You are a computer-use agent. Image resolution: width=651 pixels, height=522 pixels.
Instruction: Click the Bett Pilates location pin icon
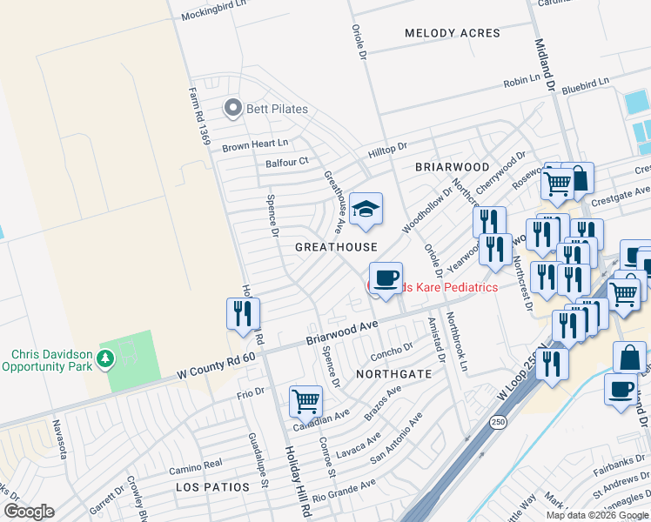(x=232, y=109)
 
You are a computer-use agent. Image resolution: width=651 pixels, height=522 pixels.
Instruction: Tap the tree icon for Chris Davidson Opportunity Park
(x=105, y=358)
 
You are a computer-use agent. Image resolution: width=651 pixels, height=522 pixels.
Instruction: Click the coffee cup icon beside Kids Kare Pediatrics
(x=386, y=278)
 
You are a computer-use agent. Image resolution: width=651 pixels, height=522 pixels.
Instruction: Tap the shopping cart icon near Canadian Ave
(x=305, y=401)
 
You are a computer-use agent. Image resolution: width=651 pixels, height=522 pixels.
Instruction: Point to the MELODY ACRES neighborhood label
(x=453, y=33)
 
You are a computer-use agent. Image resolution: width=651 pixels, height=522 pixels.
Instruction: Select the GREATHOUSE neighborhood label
(x=336, y=247)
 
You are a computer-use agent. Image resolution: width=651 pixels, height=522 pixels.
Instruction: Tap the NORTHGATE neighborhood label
(x=393, y=373)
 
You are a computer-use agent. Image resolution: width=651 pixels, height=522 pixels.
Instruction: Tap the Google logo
(x=29, y=512)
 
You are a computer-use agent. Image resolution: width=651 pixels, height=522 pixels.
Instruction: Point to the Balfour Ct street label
(x=286, y=162)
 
